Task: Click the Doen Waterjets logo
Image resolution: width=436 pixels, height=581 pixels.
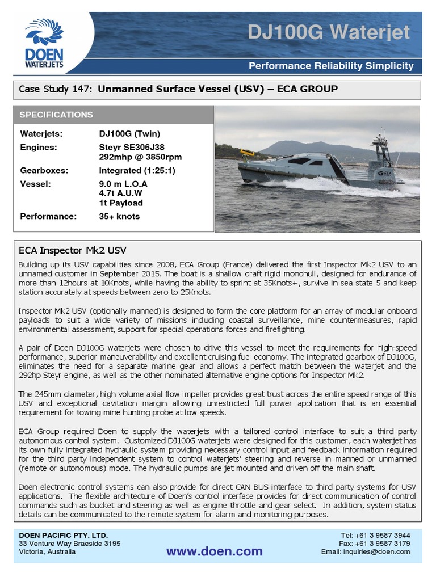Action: (44, 43)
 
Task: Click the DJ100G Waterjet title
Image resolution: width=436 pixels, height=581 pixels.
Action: (328, 32)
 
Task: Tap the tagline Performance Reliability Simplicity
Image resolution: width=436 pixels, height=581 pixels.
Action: (332, 66)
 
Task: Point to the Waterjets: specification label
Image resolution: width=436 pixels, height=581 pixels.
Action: (41, 134)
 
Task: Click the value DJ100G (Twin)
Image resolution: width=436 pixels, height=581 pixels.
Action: (129, 134)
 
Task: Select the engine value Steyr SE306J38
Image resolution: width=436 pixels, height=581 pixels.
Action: (132, 147)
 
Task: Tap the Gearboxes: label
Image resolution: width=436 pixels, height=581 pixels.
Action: (44, 170)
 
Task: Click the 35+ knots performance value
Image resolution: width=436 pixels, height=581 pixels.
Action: (119, 216)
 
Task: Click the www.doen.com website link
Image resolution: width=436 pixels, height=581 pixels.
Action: (214, 551)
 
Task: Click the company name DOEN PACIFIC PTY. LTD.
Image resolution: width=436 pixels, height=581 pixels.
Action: (64, 535)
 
